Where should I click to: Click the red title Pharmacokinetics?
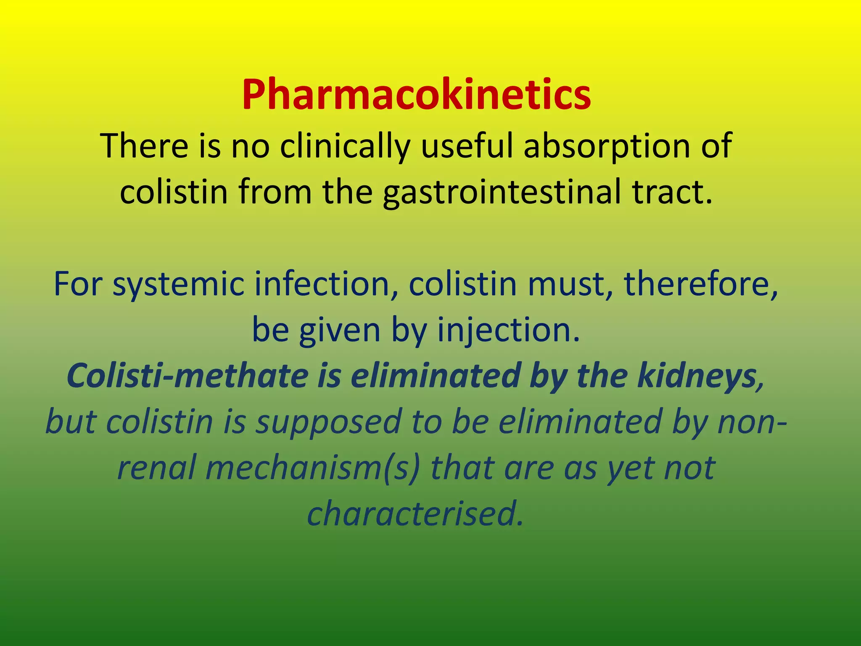[416, 95]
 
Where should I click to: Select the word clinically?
[345, 146]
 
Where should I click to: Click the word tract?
[673, 191]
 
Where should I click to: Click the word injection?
[509, 330]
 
